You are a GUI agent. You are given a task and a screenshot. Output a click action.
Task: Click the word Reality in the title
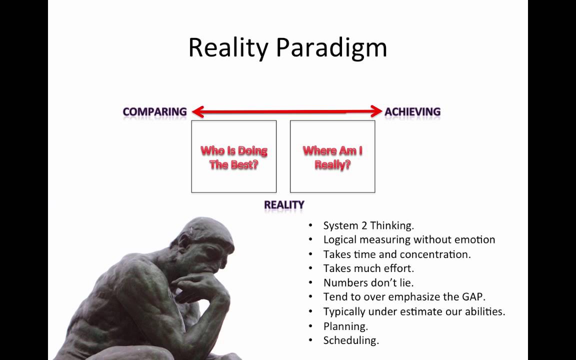pos(228,48)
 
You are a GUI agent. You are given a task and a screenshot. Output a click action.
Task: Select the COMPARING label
pos(154,112)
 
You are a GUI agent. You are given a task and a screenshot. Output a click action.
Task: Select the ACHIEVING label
pos(412,112)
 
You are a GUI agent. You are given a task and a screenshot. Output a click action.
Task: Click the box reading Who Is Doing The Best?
pos(233,157)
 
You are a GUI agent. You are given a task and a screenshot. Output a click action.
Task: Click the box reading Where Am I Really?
pos(332,157)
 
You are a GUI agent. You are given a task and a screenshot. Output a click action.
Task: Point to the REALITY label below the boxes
pos(284,205)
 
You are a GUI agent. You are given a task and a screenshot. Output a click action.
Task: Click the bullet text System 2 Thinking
pos(368,225)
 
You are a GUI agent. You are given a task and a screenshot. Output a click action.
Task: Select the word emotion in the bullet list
pos(474,240)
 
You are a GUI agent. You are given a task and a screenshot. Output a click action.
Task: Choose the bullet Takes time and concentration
pos(397,254)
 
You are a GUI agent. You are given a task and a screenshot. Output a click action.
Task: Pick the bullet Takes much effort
pos(368,268)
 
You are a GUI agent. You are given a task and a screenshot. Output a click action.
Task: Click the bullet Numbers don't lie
pos(368,283)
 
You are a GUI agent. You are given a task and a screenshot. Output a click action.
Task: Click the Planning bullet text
pos(345,326)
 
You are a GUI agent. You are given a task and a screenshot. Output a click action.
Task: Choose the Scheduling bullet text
pos(351,340)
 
